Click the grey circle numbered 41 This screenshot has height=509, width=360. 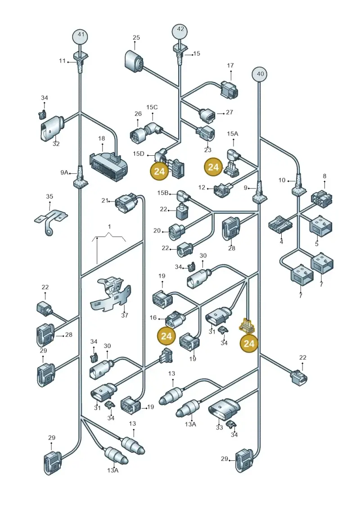pos(81,35)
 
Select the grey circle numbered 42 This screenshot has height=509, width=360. pos(180,30)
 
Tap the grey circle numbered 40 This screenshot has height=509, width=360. pos(261,74)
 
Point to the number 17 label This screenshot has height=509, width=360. pos(230,66)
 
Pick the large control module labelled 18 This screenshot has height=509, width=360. pos(108,165)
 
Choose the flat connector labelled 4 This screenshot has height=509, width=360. pos(280,224)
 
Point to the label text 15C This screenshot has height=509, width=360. pos(152,107)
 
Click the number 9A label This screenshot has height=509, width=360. pos(64,173)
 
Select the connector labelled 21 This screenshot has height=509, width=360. pos(126,204)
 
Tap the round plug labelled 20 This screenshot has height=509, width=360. pos(176,231)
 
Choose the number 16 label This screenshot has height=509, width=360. pos(153,318)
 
